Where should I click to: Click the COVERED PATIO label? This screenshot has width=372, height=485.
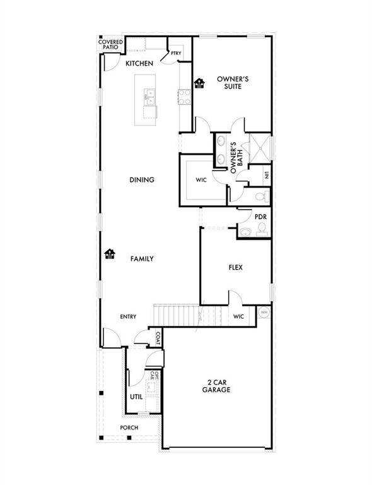tap(110, 45)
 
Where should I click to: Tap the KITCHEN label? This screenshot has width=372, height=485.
tap(139, 64)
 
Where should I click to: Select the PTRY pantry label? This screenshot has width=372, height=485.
tap(176, 53)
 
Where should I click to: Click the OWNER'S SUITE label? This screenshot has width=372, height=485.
tap(233, 83)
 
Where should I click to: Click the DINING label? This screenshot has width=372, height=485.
tap(142, 180)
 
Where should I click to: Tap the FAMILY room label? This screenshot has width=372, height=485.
tap(142, 258)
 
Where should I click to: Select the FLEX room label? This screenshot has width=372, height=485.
tap(235, 267)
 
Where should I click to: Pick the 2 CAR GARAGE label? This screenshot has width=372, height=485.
tap(216, 386)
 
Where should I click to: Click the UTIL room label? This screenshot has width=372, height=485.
tap(136, 397)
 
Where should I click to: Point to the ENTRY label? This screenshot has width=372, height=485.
tap(129, 316)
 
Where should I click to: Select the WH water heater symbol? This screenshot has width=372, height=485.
tap(264, 311)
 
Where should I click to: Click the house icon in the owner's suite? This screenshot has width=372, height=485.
tap(200, 83)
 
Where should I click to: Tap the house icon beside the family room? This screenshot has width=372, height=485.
tap(110, 254)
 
